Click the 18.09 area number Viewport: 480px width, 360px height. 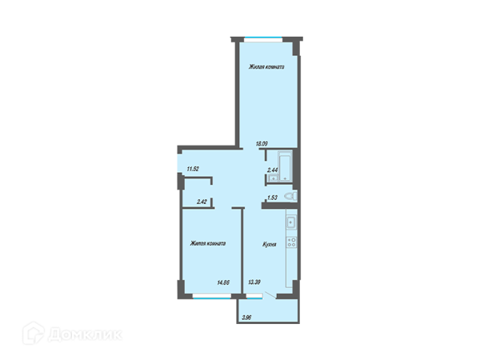click(262, 143)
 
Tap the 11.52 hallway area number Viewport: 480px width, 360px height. click(193, 169)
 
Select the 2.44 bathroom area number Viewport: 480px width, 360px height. click(272, 170)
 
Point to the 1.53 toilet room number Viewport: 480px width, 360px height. click(272, 198)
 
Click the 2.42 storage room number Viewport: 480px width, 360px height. click(202, 202)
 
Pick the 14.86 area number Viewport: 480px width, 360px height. click(223, 282)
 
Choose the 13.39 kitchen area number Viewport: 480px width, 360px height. click(254, 282)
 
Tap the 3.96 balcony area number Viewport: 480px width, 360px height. click(246, 318)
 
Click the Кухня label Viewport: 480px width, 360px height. click(270, 244)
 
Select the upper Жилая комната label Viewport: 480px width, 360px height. click(266, 66)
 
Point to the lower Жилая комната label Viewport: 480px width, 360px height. click(208, 244)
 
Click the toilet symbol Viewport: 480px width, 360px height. click(290, 196)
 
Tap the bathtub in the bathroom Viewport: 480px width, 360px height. click(286, 166)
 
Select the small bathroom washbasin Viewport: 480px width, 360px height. click(273, 178)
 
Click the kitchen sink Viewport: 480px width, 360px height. click(291, 222)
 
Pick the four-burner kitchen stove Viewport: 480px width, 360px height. click(291, 242)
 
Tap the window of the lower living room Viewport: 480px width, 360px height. click(211, 296)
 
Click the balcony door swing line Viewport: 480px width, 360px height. click(270, 295)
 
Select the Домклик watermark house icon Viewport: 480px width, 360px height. click(34, 333)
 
